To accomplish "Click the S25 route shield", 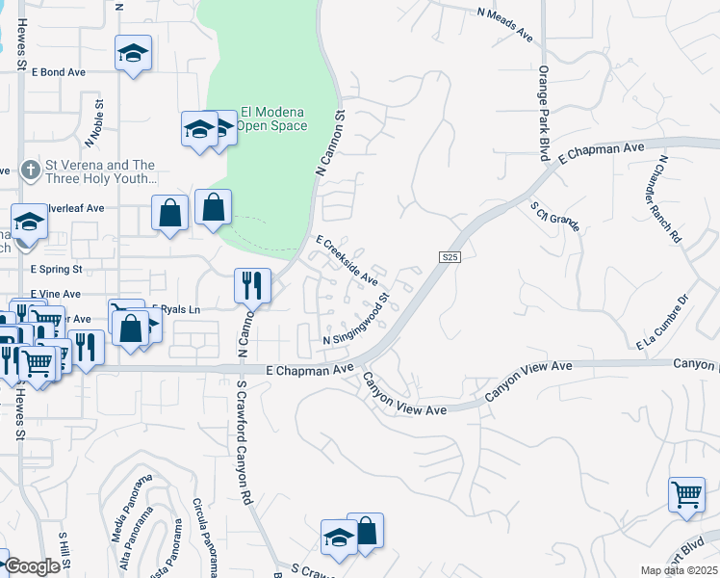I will pos(450,257).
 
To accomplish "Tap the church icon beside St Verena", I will pos(31,171).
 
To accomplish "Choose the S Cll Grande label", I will pos(555,217).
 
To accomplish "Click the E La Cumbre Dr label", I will pos(663,322).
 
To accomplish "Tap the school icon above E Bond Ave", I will pos(133,54).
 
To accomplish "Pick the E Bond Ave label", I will pos(59,72).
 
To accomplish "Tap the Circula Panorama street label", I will pos(206,531).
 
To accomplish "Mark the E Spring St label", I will pos(56,270).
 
